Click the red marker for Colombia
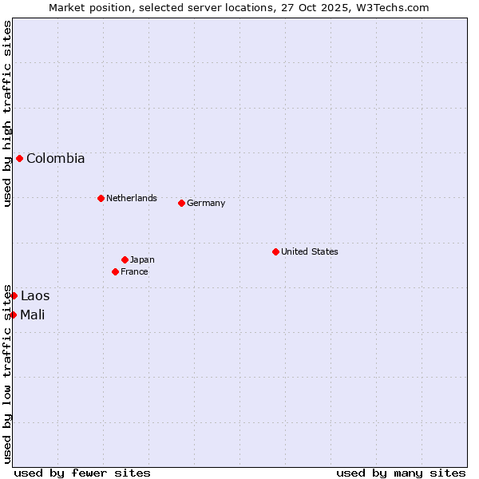[x=19, y=158]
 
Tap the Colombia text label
[x=55, y=158]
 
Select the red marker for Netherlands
[x=101, y=198]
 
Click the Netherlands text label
[x=132, y=198]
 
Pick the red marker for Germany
[x=181, y=203]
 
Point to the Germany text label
[x=206, y=203]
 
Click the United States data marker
[x=275, y=251]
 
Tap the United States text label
[x=310, y=251]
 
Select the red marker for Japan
[x=125, y=259]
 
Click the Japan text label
[x=142, y=259]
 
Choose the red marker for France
[x=115, y=271]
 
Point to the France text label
[x=134, y=271]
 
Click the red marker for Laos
[x=14, y=295]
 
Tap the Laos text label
[x=35, y=296]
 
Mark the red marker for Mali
[x=14, y=315]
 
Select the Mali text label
[x=33, y=315]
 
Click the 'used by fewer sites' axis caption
[x=82, y=473]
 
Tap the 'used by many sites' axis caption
[x=401, y=473]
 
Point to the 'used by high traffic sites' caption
[x=7, y=113]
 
